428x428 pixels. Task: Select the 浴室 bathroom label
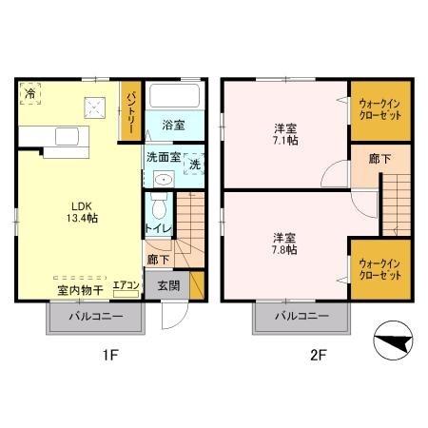point(172,125)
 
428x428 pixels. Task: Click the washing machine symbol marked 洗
point(192,164)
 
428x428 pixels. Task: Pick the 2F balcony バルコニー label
point(302,317)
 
